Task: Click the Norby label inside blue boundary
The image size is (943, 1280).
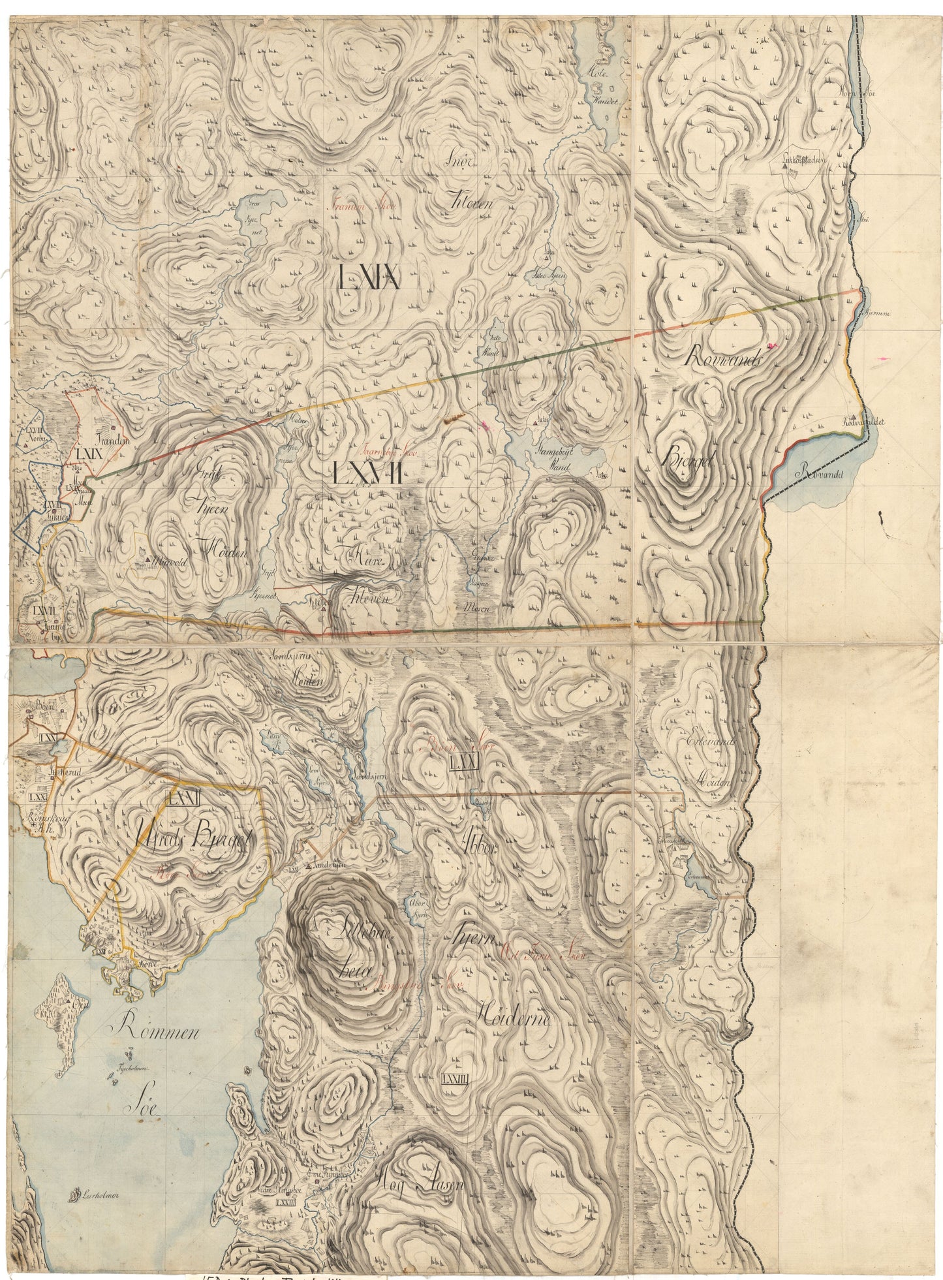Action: click(x=30, y=440)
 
